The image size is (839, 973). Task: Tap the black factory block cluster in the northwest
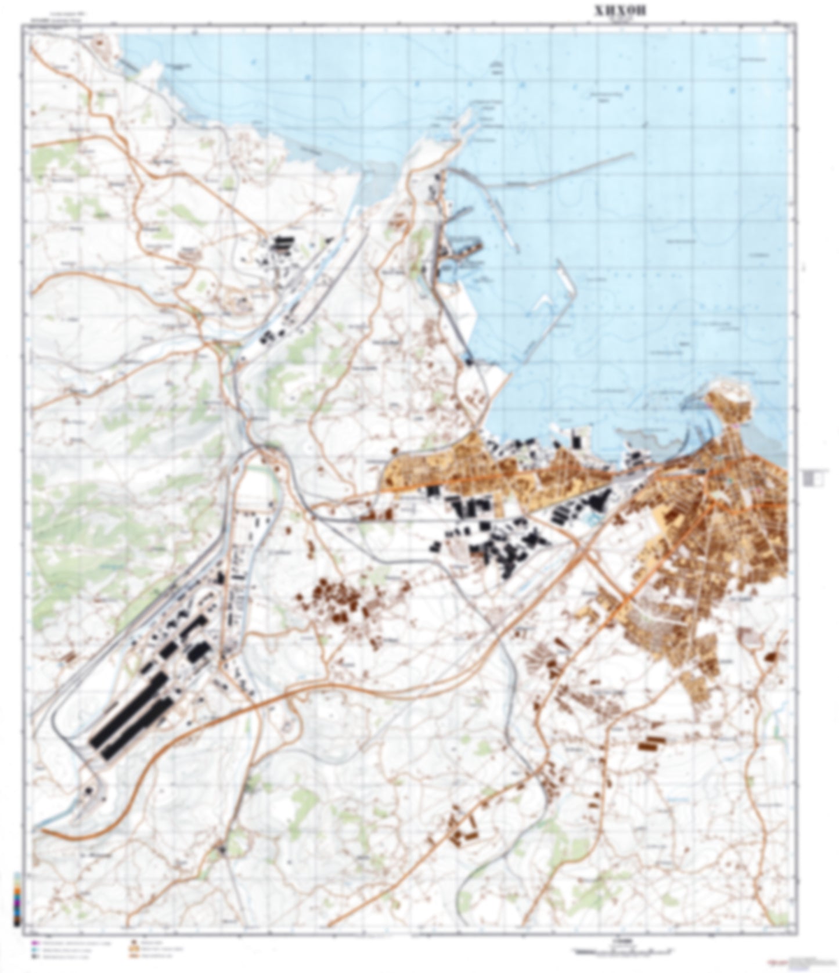click(x=283, y=243)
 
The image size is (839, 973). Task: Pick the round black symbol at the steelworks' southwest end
click(x=88, y=791)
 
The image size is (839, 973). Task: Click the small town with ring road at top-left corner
click(x=101, y=44)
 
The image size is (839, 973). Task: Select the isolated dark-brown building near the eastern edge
click(x=771, y=657)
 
